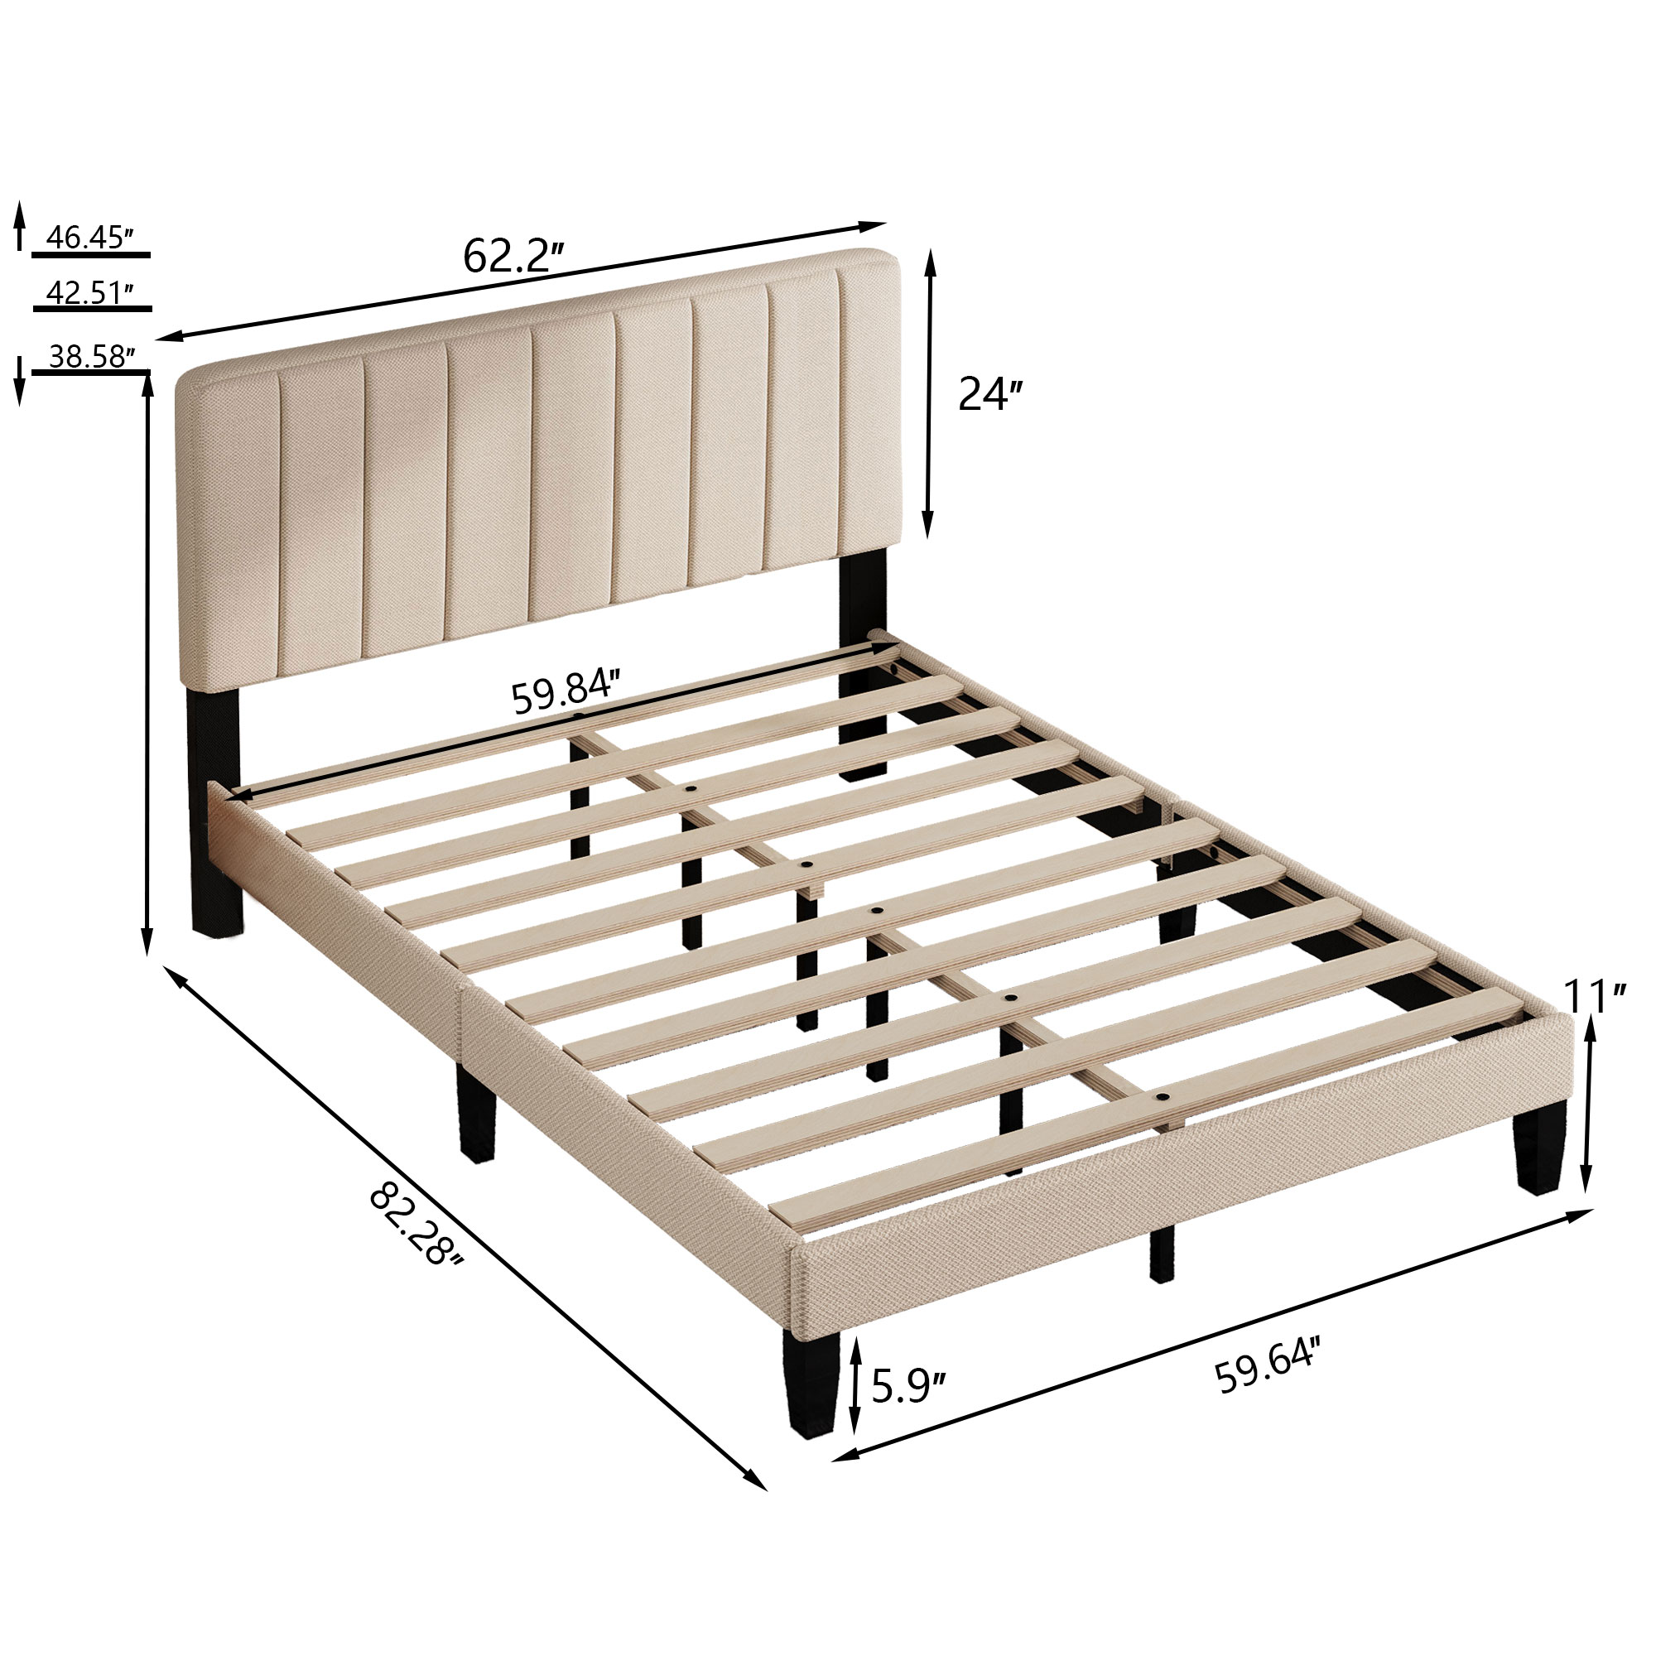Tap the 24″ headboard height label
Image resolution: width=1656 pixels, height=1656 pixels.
click(990, 394)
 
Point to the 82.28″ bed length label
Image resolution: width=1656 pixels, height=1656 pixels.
click(417, 1225)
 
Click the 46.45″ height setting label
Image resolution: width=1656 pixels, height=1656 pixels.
click(90, 238)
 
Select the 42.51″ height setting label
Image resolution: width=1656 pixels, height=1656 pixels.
click(90, 292)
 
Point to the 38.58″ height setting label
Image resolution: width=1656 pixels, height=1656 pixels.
click(90, 357)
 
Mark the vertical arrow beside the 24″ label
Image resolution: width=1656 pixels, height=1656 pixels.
click(929, 394)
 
